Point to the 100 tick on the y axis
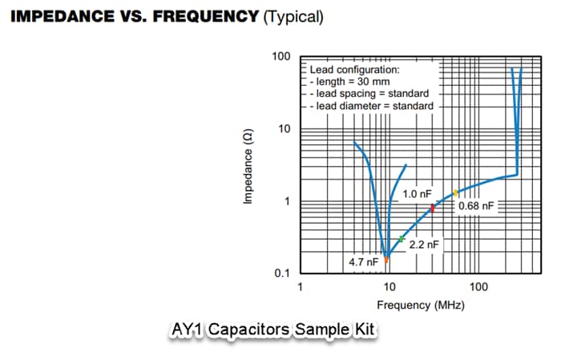(280, 57)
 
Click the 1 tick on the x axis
(300, 287)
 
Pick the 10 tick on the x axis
(389, 287)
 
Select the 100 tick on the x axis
(478, 287)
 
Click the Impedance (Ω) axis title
(248, 166)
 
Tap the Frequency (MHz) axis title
(420, 305)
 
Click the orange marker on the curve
(386, 259)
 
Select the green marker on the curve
(402, 239)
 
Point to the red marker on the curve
(432, 208)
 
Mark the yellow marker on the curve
(455, 192)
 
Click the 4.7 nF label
(364, 262)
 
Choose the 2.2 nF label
(424, 244)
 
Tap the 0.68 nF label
(477, 206)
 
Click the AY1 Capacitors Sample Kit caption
(272, 330)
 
